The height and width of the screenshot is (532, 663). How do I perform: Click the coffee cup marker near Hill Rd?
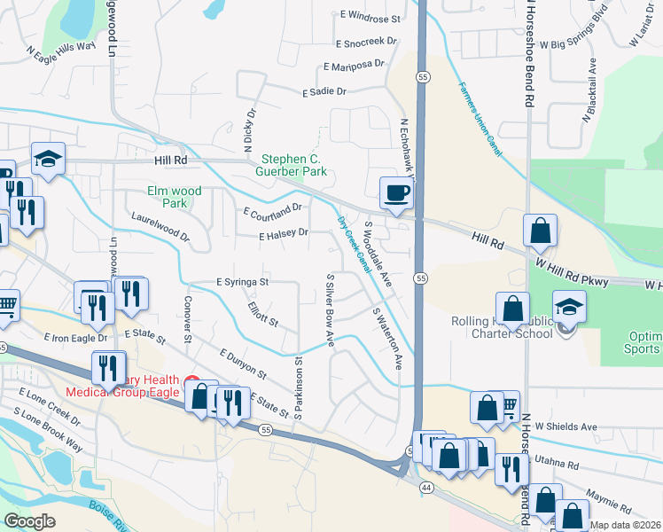[x=396, y=192]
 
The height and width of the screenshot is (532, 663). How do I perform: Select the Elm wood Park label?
[x=175, y=197]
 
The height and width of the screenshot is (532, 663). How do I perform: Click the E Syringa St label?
[x=243, y=282]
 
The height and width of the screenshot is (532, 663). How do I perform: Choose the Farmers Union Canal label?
[x=480, y=121]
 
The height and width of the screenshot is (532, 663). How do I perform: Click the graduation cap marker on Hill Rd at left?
[x=49, y=158]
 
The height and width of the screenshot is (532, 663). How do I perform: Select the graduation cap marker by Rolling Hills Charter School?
[x=569, y=306]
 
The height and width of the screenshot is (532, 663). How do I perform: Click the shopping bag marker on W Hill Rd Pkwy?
[x=540, y=231]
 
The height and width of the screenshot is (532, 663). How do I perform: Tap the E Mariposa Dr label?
[x=354, y=66]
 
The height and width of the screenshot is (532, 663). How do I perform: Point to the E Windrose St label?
[x=368, y=17]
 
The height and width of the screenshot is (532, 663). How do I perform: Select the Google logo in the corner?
[x=29, y=521]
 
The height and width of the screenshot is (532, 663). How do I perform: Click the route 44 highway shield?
[x=425, y=488]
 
